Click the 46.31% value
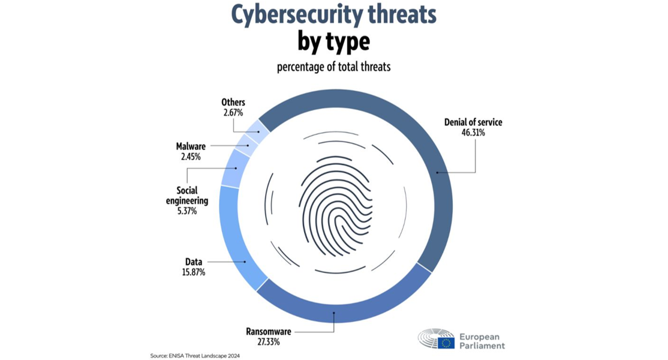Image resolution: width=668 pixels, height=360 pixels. [x=473, y=133]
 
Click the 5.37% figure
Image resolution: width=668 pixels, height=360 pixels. [x=186, y=211]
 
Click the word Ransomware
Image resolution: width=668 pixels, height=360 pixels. [x=268, y=331]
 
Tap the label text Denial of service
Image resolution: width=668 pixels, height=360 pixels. [x=473, y=122]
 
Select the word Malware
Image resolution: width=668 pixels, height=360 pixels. [x=191, y=146]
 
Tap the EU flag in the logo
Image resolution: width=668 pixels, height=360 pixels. [x=446, y=343]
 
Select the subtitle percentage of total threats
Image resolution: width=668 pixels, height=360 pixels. [x=333, y=67]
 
